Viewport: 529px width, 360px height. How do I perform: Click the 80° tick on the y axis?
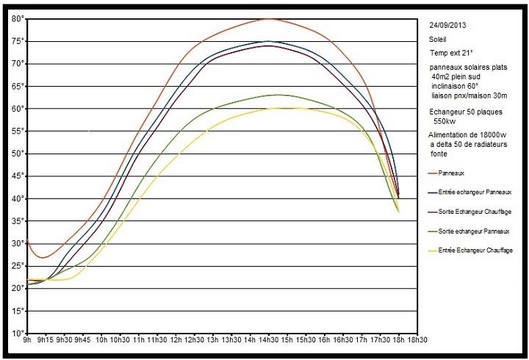point(17,18)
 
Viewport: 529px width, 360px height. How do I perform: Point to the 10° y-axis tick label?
point(17,334)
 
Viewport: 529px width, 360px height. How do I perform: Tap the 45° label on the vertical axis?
point(17,176)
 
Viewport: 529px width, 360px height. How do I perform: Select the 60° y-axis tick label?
point(17,109)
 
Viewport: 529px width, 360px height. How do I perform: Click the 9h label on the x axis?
point(26,341)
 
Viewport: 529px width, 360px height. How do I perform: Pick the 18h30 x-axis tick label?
point(417,341)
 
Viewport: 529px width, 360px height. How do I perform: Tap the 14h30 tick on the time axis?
point(267,341)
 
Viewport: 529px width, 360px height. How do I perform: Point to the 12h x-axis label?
point(176,341)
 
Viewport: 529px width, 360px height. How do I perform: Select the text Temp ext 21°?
point(451,54)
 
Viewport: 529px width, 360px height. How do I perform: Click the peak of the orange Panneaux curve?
point(268,19)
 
